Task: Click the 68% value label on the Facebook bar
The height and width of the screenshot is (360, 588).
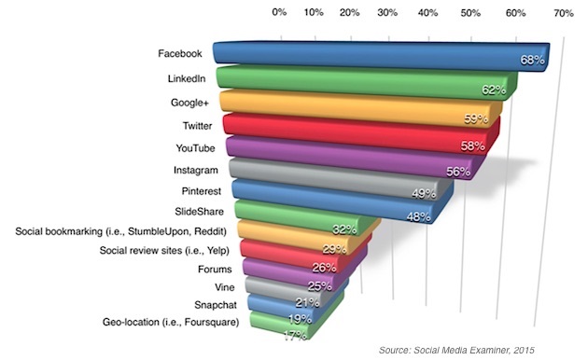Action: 532,60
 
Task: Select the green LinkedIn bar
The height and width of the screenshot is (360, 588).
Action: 367,83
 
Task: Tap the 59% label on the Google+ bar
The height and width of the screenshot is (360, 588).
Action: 476,118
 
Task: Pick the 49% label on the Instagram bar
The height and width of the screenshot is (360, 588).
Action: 424,193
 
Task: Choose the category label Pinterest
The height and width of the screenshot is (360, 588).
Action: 202,191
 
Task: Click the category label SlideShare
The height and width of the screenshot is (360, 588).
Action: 199,212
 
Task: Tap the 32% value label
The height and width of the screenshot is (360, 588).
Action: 344,229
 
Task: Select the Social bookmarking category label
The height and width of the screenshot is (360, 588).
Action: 120,231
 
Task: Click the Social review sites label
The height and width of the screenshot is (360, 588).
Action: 164,250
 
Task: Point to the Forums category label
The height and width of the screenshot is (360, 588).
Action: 215,269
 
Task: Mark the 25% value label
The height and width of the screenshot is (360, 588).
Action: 319,286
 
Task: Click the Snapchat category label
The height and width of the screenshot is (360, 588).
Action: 216,305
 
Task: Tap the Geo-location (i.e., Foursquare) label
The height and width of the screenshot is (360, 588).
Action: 171,322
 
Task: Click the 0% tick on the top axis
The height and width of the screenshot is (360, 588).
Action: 279,12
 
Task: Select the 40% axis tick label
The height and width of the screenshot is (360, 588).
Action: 427,13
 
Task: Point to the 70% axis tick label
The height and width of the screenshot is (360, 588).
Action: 563,13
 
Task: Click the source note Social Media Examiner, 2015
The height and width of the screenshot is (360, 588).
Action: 456,351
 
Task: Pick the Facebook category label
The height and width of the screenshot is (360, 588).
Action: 180,53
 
